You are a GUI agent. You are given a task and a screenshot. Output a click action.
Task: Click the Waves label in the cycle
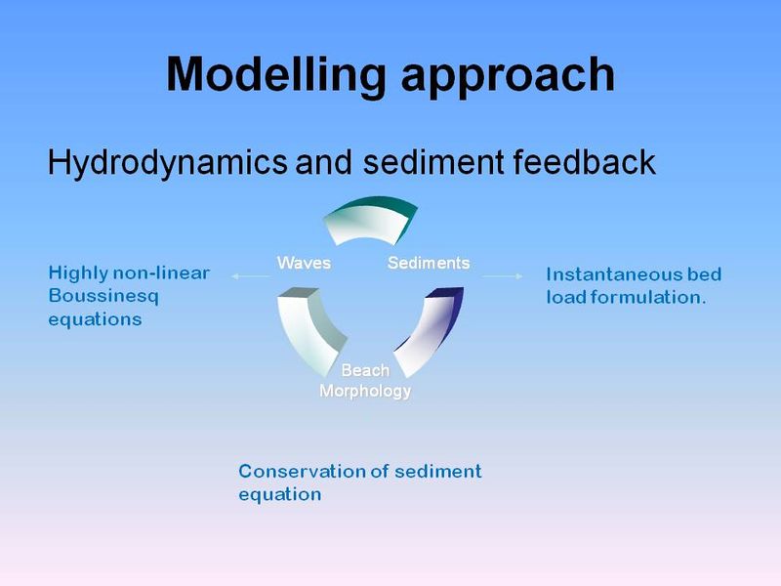tap(304, 263)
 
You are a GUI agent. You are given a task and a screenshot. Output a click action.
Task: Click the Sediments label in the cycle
tap(429, 263)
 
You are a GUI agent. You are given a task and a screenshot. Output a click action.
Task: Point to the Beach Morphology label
tap(365, 381)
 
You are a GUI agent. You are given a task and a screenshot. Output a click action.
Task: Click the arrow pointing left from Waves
tap(250, 277)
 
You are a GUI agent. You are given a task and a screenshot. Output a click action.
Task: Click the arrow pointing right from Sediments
tap(503, 276)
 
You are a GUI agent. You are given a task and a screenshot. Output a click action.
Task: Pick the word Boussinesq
tap(103, 296)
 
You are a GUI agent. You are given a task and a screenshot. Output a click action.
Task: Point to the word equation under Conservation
tap(279, 495)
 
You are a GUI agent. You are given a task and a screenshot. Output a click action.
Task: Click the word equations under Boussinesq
tap(95, 319)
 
